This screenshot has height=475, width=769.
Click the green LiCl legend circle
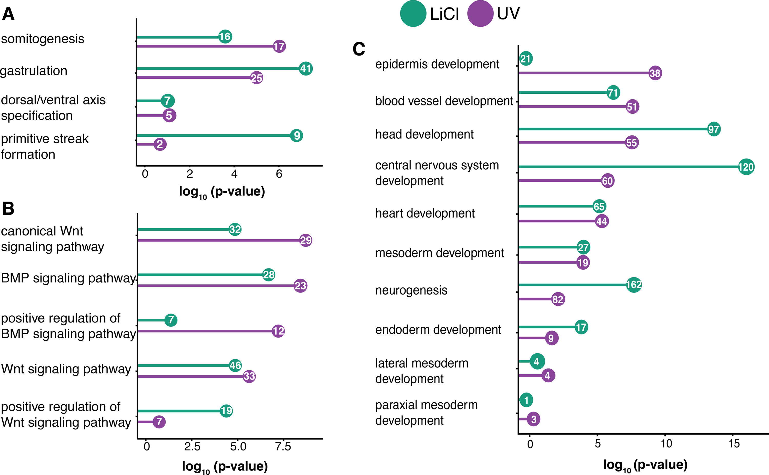tap(413, 14)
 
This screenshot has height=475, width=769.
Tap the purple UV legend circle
tap(480, 14)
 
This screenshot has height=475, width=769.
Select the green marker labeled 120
tap(746, 167)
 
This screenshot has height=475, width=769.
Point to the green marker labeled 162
tap(634, 285)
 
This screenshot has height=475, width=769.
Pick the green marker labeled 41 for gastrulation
tap(306, 69)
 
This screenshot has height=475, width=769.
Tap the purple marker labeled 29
tap(306, 240)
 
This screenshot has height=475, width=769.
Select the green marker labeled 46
tap(235, 365)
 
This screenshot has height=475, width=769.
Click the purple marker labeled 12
tap(278, 331)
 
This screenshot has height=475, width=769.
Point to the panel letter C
tap(359, 49)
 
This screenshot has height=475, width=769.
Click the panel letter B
tap(8, 208)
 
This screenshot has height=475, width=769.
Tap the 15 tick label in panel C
tap(734, 444)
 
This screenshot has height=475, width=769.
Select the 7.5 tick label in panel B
tap(283, 446)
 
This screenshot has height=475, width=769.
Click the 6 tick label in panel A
tap(279, 174)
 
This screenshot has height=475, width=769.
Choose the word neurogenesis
tap(411, 290)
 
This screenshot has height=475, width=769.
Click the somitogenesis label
tap(43, 39)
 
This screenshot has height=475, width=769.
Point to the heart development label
tap(425, 213)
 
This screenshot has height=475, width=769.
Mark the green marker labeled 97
tap(714, 129)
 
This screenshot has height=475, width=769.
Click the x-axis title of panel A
tap(222, 192)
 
